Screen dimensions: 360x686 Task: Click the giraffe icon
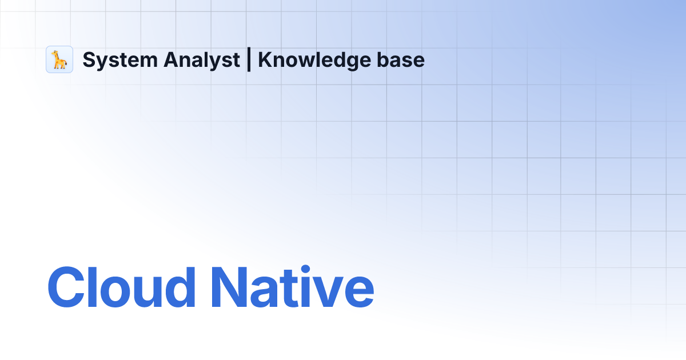[x=59, y=59]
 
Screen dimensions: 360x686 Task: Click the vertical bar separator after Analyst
[x=249, y=60]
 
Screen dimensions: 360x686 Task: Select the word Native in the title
[x=292, y=287]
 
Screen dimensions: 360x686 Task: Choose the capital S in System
[x=89, y=60]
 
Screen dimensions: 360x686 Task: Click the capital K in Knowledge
[x=265, y=60]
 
